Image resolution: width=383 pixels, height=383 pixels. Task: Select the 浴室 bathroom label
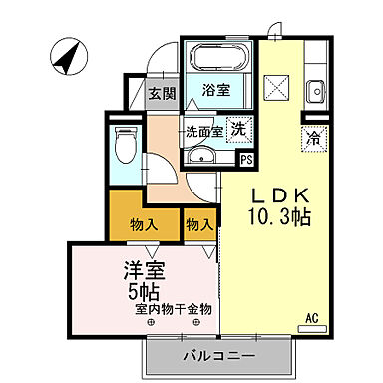click(x=216, y=89)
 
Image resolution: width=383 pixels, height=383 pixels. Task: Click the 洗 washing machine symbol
click(x=240, y=128)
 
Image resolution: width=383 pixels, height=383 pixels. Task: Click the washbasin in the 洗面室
click(x=202, y=155)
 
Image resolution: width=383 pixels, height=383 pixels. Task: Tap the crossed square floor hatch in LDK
click(x=276, y=87)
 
